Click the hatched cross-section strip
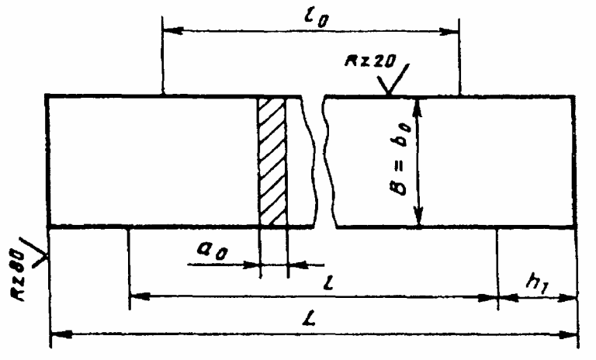[272, 161]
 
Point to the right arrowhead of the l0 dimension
[455, 32]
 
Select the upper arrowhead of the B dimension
[420, 104]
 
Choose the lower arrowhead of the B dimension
[420, 220]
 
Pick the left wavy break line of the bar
[314, 161]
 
